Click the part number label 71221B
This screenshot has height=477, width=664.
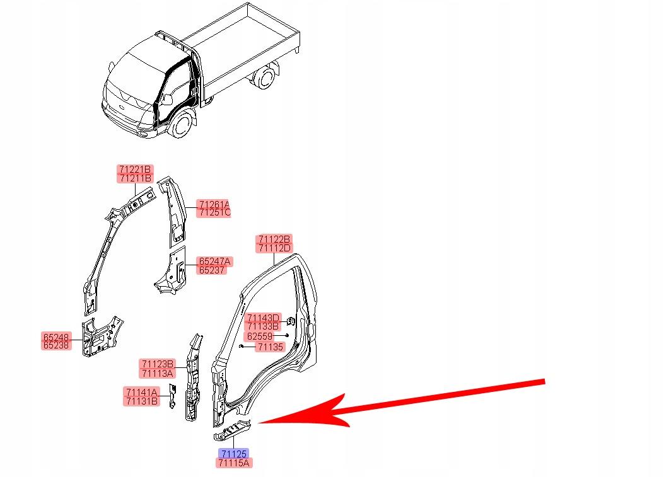pos(135,170)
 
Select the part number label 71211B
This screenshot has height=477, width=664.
pos(135,178)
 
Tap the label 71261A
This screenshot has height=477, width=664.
pos(214,204)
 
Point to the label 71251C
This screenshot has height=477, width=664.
pos(214,212)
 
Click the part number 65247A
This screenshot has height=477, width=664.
pos(214,261)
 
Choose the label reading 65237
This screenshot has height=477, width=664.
pos(212,270)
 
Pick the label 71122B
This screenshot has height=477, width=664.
pos(274,239)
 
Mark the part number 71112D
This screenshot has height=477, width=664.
pos(274,248)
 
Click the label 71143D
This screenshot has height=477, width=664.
pos(264,318)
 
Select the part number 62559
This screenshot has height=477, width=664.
pos(260,336)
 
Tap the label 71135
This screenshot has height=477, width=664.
pos(271,347)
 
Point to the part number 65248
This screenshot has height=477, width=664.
pos(57,337)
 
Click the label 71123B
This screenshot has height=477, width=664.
pos(157,364)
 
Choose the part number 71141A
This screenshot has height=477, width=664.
pos(141,392)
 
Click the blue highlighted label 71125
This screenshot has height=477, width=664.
pos(233,454)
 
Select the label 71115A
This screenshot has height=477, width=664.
pos(234,463)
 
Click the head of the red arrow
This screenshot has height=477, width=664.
pos(259,422)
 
